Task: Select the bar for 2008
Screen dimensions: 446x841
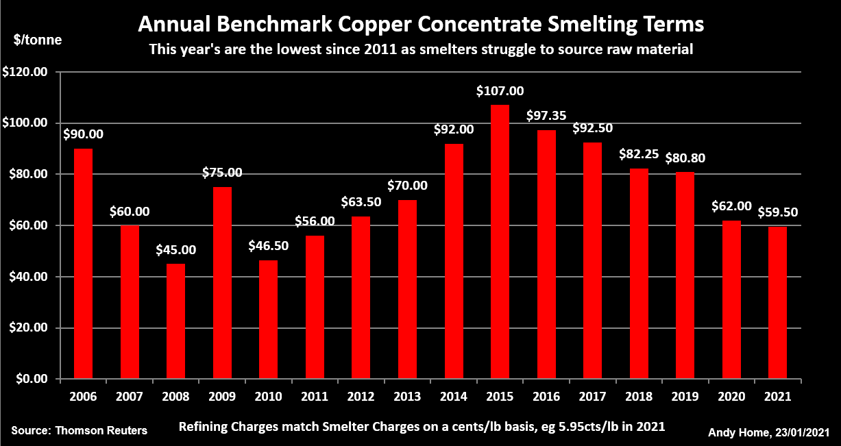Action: click(x=175, y=321)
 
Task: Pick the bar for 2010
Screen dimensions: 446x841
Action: click(x=268, y=319)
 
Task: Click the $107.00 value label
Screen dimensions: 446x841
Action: click(x=500, y=91)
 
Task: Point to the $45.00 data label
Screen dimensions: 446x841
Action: click(x=175, y=250)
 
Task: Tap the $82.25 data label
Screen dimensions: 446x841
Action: click(x=639, y=155)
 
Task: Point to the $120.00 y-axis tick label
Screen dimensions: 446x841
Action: click(x=25, y=71)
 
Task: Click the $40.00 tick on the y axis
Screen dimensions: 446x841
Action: click(x=28, y=277)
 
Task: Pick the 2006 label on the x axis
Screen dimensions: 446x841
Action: click(x=83, y=397)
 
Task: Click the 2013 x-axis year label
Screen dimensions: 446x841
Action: click(x=407, y=397)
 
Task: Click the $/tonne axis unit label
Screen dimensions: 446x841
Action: click(x=38, y=40)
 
